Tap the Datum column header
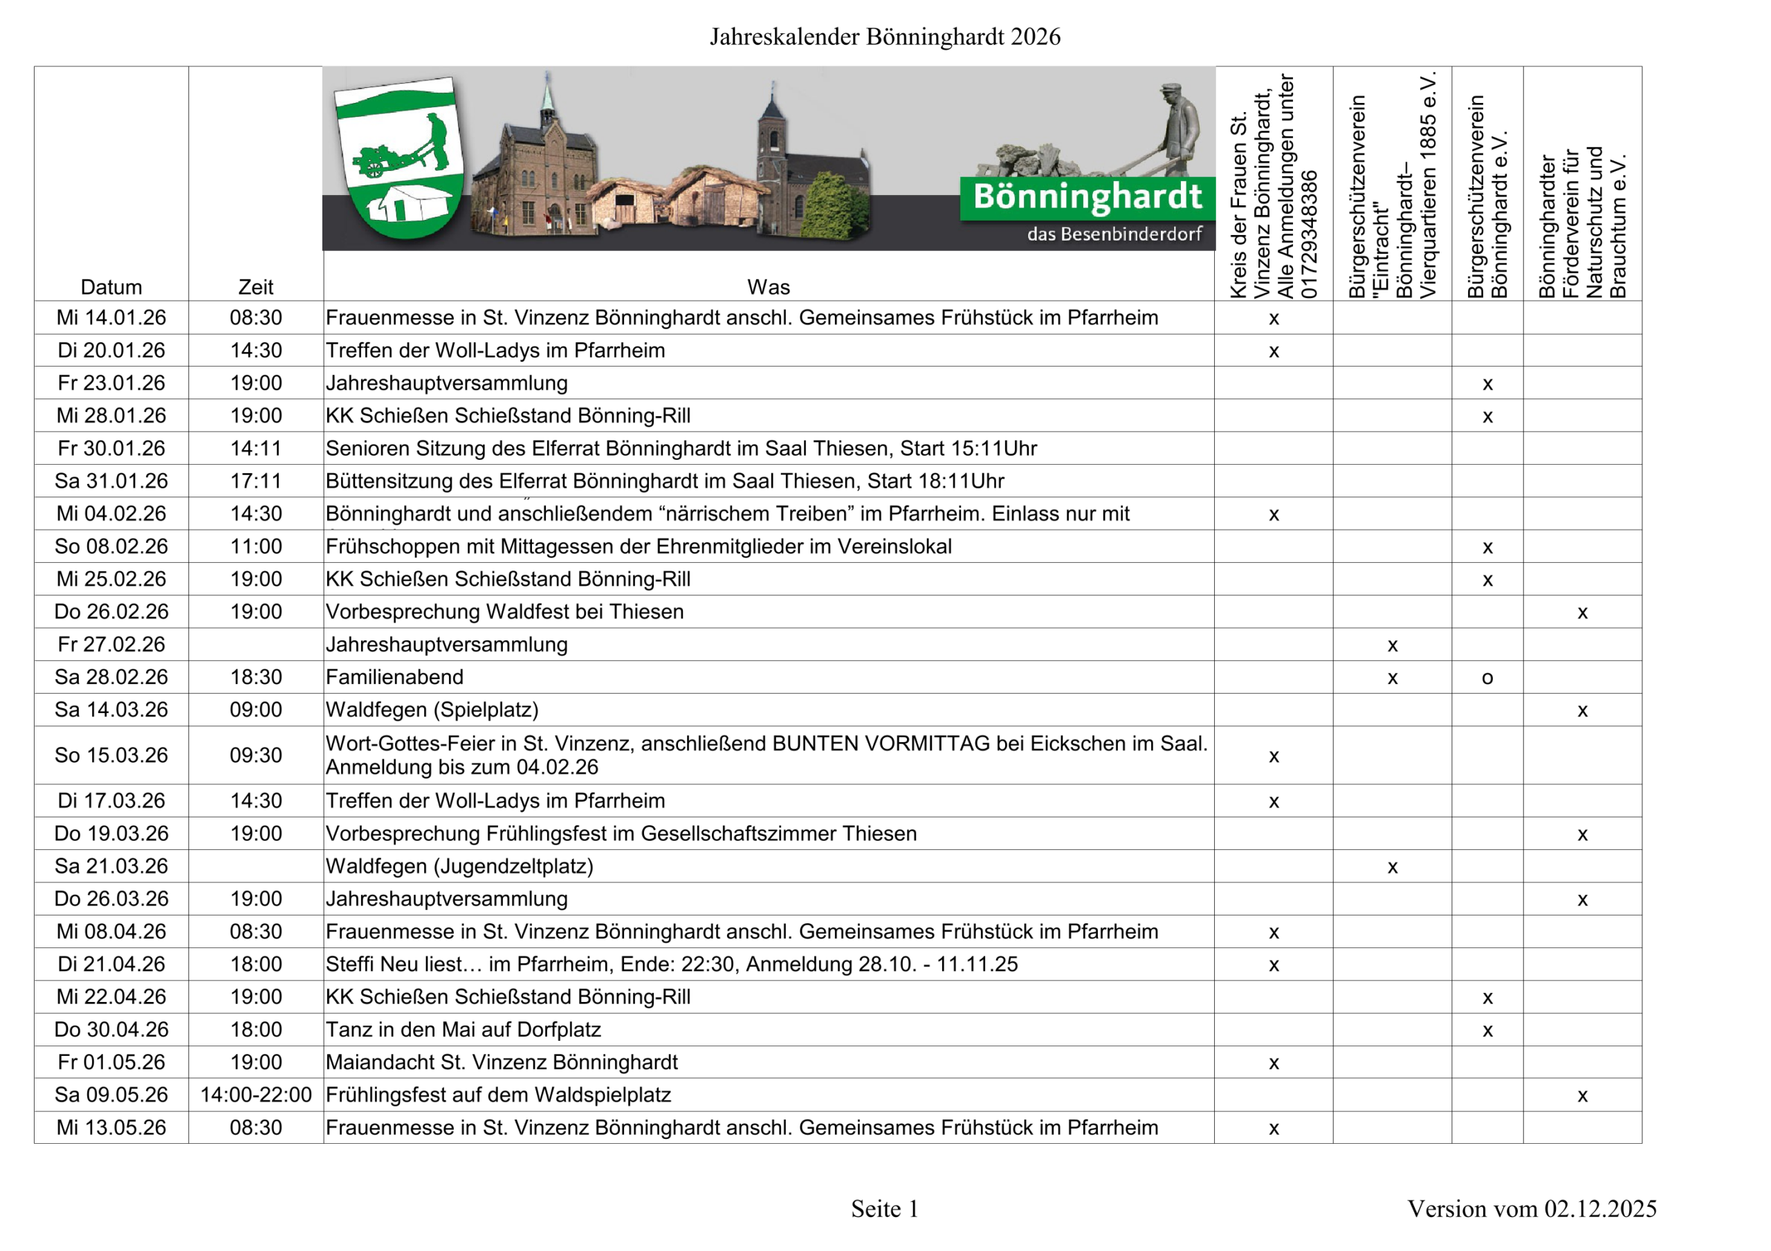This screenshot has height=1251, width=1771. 111,287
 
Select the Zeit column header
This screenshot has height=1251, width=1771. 255,287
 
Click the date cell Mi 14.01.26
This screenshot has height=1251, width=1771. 111,317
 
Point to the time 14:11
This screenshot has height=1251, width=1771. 255,448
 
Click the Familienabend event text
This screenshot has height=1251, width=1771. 394,677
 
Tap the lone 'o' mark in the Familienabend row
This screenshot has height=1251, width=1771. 1487,678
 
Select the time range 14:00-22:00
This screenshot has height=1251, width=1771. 255,1095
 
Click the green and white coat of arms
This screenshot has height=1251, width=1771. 400,158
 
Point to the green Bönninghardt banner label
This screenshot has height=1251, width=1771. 1087,198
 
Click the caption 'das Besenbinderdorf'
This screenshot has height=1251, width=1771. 1114,234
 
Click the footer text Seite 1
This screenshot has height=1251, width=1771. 885,1209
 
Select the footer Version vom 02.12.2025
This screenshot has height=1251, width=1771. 1531,1209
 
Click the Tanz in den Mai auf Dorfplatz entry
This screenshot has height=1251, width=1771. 463,1030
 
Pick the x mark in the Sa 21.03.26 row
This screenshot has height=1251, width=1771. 1393,867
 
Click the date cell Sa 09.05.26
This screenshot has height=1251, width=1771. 111,1095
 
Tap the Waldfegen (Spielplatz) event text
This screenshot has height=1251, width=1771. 432,710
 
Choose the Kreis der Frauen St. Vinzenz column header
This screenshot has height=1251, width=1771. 1274,185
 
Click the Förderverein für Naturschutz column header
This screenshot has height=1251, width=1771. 1582,223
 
